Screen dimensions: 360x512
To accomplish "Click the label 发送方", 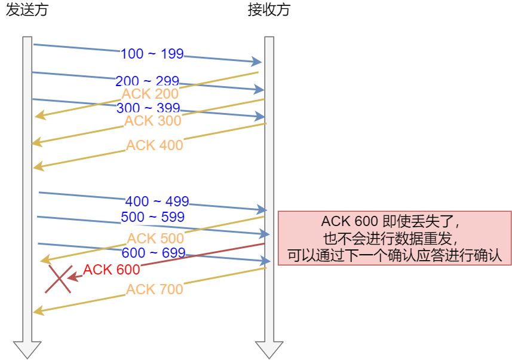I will pos(27,11).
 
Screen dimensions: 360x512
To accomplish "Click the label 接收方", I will pos(269,11).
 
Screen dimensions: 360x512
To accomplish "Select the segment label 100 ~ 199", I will pos(152,54).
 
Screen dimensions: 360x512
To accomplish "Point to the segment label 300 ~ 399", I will pos(149,108).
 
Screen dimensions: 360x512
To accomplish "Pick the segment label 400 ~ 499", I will pos(157,202).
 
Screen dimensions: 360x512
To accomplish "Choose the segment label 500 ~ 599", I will pos(152,216).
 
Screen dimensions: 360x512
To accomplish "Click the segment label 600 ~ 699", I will pos(153,253).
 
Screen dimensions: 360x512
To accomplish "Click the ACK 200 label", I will pos(150,94).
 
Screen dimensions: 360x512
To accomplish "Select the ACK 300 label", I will pos(152,121).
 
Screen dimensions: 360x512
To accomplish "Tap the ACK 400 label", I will pos(155,145).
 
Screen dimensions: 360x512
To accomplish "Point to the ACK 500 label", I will pos(155,238).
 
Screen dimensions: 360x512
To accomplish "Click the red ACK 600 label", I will pos(111,270).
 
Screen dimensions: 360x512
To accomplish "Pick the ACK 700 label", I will pos(155,289).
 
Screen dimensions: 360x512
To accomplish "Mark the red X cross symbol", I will pos(58,279).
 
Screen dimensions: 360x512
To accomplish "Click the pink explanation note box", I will pos(394,237).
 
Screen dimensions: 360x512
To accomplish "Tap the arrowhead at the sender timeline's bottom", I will pos(27,349).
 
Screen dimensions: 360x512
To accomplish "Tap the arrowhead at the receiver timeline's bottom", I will pos(269,349).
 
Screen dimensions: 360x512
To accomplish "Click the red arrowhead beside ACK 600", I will pos(72,277).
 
